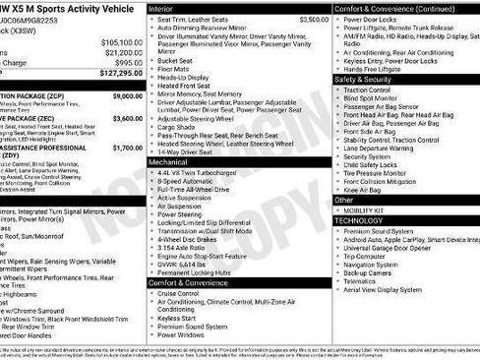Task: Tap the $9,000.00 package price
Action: (127, 96)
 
